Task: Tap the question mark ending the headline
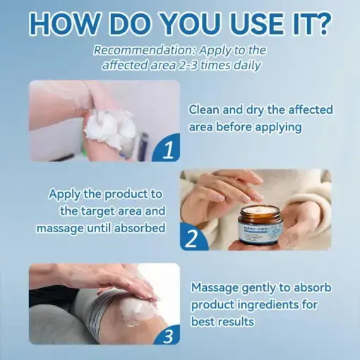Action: (x=322, y=23)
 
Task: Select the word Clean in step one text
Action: (x=205, y=110)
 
